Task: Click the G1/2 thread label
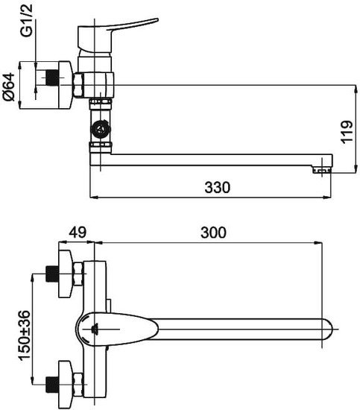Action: tap(27, 20)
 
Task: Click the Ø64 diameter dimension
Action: tap(9, 86)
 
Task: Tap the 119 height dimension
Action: tap(347, 132)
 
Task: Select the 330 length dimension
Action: tap(217, 187)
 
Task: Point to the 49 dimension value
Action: tap(78, 232)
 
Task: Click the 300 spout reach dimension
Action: tap(213, 233)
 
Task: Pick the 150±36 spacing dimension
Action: tap(25, 335)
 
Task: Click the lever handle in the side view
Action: tap(118, 34)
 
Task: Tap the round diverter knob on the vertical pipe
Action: tap(101, 129)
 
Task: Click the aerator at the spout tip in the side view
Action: tap(322, 171)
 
